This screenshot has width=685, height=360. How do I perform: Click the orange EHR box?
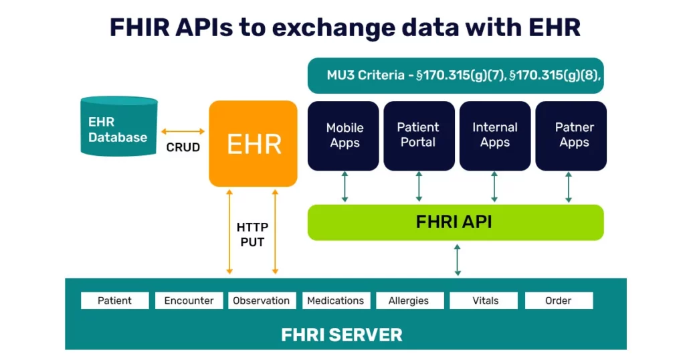pyautogui.click(x=253, y=144)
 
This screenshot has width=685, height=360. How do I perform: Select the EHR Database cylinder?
pyautogui.click(x=119, y=126)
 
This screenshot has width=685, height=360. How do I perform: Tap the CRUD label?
pyautogui.click(x=183, y=147)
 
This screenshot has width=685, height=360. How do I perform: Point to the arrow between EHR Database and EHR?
pyautogui.click(x=183, y=131)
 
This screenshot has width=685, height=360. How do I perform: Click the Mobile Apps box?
pyautogui.click(x=343, y=136)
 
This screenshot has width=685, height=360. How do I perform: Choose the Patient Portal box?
pyautogui.click(x=419, y=136)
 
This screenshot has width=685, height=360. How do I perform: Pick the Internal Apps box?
pyautogui.click(x=495, y=136)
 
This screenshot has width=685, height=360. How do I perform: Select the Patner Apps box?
pyautogui.click(x=571, y=136)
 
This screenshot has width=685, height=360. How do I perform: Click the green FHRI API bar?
pyautogui.click(x=456, y=222)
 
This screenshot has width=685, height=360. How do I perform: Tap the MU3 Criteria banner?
pyautogui.click(x=456, y=76)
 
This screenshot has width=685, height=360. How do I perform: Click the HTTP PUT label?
pyautogui.click(x=252, y=235)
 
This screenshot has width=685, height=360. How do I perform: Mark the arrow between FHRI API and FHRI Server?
pyautogui.click(x=458, y=260)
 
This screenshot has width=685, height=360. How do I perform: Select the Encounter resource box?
pyautogui.click(x=189, y=300)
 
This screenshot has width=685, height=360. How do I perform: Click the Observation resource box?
pyautogui.click(x=262, y=300)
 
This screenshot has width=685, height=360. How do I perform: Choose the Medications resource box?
pyautogui.click(x=336, y=300)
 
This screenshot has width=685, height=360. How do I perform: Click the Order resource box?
pyautogui.click(x=559, y=300)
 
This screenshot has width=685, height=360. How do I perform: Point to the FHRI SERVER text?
pyautogui.click(x=342, y=335)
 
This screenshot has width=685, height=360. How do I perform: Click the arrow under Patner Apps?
pyautogui.click(x=569, y=187)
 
